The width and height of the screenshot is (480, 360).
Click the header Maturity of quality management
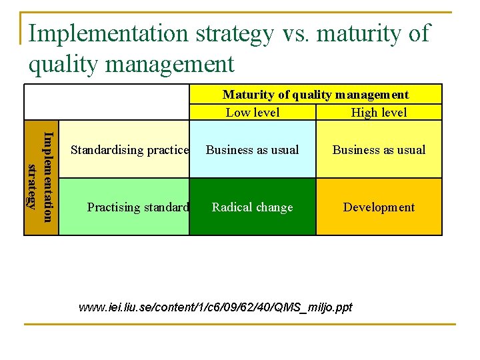click(x=315, y=95)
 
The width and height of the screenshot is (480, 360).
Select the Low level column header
click(x=253, y=113)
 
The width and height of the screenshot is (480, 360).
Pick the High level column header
click(x=379, y=113)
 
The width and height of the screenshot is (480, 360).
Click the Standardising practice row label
click(x=130, y=150)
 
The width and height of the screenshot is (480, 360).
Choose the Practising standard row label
click(x=138, y=207)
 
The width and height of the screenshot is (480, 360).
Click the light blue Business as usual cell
click(x=253, y=150)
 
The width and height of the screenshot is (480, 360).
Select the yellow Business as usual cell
click(x=379, y=150)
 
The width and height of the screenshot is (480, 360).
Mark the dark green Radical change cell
click(x=253, y=207)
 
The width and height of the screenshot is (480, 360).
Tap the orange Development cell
click(x=379, y=207)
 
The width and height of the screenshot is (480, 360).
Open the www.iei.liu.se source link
click(x=215, y=307)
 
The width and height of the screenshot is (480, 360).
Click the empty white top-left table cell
click(x=107, y=101)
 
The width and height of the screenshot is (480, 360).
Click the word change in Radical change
click(x=273, y=207)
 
